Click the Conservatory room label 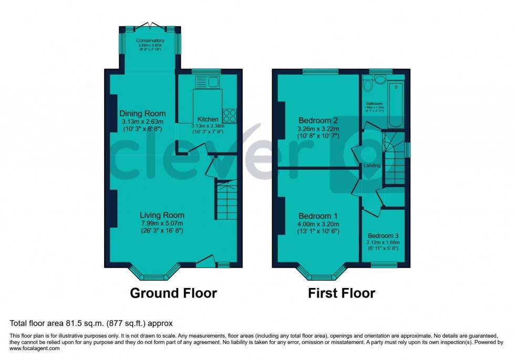[x=150, y=40]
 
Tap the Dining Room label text [x=142, y=114]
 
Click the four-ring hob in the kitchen [x=230, y=115]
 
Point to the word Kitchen [x=208, y=119]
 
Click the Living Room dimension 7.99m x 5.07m [x=161, y=223]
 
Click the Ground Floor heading [x=173, y=293]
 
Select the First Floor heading [x=342, y=293]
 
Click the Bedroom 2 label [x=318, y=119]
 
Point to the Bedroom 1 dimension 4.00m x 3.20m [x=318, y=223]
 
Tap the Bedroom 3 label [x=383, y=236]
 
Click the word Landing [x=371, y=166]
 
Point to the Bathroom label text [x=374, y=104]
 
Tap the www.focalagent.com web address [x=33, y=348]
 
